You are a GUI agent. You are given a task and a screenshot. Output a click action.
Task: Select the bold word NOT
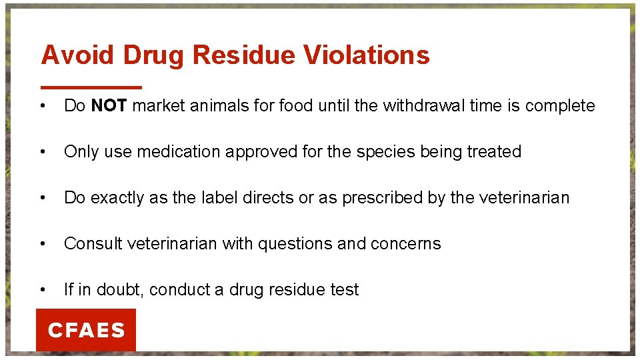(x=109, y=106)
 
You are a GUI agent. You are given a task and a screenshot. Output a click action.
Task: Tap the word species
(x=386, y=152)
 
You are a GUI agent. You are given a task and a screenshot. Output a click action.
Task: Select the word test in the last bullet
(x=346, y=290)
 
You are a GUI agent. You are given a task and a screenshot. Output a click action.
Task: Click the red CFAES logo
(x=86, y=330)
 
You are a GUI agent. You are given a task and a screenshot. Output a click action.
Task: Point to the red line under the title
(x=91, y=87)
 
